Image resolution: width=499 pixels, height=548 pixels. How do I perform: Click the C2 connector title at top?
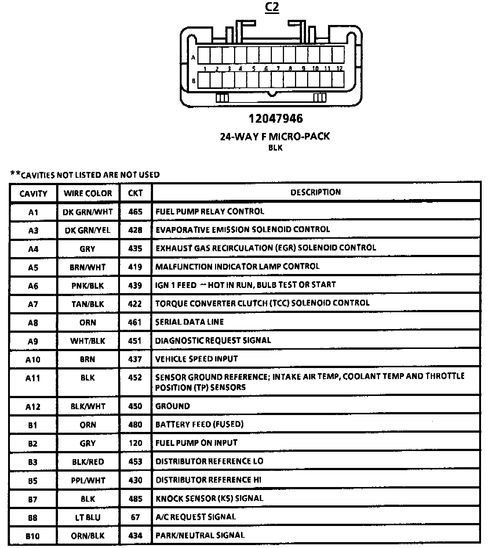(x=272, y=7)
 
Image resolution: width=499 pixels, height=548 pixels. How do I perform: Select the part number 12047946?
(x=276, y=119)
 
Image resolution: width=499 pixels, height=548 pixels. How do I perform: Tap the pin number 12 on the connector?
(x=339, y=68)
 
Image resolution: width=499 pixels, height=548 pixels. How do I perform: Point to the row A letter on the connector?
(x=193, y=57)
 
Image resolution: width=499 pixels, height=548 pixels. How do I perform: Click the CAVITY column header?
(x=33, y=194)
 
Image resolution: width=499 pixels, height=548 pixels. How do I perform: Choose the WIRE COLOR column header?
(x=88, y=193)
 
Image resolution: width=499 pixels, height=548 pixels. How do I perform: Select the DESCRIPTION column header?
(x=316, y=192)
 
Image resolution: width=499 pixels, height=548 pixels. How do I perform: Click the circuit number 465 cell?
(x=135, y=212)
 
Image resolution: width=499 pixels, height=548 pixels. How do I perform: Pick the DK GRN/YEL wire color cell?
(x=87, y=230)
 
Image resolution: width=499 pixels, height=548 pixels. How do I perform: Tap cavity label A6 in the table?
(x=33, y=286)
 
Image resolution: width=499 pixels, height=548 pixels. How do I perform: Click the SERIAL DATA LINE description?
(x=189, y=322)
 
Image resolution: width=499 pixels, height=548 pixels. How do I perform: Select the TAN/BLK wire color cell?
(x=88, y=304)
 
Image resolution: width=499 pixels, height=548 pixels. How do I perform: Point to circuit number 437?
(x=135, y=359)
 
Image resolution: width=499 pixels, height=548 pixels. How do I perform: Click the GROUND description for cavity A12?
(x=172, y=406)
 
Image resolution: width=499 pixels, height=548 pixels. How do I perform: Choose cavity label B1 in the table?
(x=33, y=425)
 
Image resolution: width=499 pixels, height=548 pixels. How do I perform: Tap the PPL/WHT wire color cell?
(x=88, y=480)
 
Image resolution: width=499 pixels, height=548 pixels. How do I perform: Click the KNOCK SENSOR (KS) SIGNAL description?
(x=210, y=498)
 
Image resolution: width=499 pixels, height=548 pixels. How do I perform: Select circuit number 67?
(x=135, y=517)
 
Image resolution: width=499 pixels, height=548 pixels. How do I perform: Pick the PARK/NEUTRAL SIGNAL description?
(x=200, y=535)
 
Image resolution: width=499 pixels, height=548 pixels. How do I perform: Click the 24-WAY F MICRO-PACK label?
(x=275, y=136)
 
